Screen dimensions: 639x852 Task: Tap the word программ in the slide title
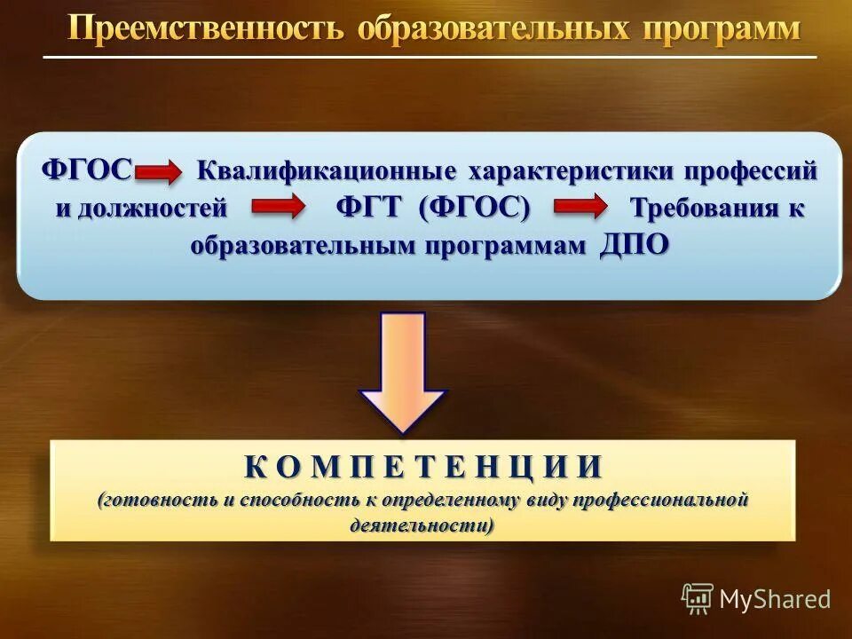point(722,29)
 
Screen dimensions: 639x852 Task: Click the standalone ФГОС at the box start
point(88,168)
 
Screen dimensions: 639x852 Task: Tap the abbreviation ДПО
point(634,244)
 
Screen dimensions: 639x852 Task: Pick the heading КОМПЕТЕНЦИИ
point(423,466)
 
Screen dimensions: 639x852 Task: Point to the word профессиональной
point(661,500)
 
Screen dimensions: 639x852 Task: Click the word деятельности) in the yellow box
point(422,525)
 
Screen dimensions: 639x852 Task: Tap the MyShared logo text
point(774,599)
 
